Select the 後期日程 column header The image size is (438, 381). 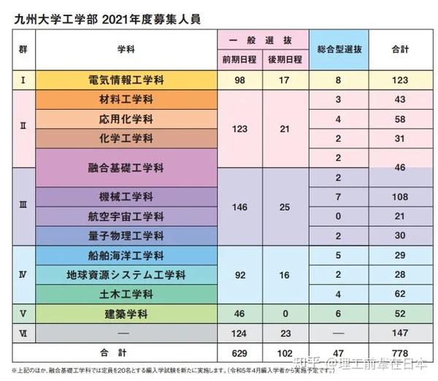click(x=285, y=59)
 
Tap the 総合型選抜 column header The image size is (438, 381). click(x=339, y=49)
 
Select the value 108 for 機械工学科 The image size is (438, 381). click(x=399, y=197)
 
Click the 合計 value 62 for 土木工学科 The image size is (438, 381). click(x=399, y=294)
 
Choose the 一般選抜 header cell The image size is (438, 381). click(x=262, y=38)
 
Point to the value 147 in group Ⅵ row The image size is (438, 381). click(x=399, y=332)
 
